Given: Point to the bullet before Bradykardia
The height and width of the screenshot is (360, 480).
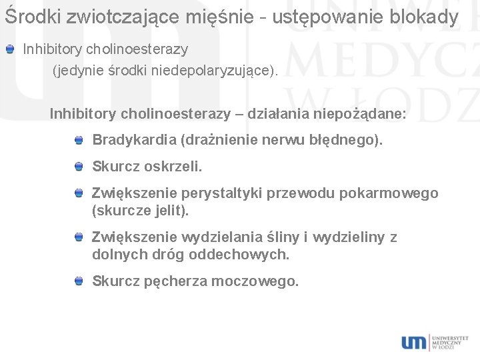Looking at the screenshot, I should click(x=79, y=140).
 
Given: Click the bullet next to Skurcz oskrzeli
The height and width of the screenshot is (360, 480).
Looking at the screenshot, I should click(x=79, y=165).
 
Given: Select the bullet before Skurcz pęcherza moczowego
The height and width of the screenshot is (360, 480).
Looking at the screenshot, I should click(x=79, y=281).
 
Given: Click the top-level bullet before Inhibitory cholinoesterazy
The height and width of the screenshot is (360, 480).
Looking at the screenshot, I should click(x=9, y=49).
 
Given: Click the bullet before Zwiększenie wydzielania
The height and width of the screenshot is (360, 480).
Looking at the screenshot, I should click(x=79, y=237).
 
